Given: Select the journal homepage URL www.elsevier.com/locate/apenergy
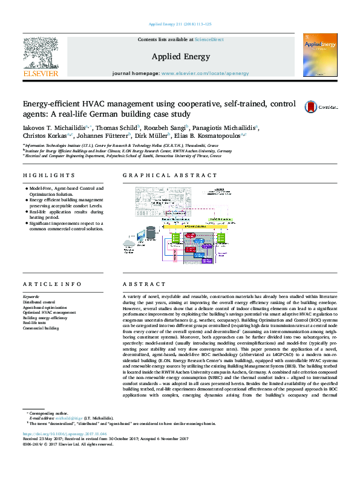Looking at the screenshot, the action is coord(204,73).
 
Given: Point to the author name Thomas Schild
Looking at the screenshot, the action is coord(119,127).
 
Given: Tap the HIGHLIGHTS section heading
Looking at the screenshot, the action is coord(40,175).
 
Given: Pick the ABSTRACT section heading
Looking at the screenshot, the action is coord(139,284).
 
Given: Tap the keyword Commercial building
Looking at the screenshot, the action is coord(41,328).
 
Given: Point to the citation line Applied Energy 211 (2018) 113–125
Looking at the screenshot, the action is coord(180,24).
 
